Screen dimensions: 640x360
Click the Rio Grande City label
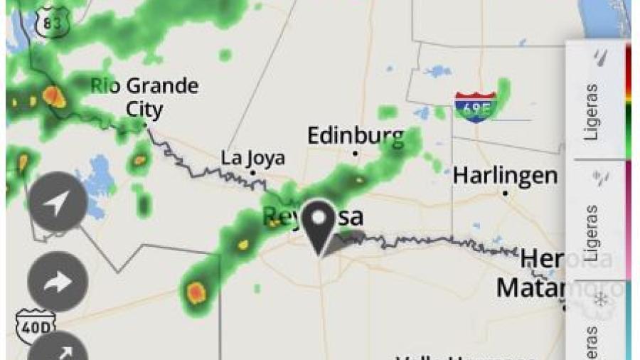point(144,97)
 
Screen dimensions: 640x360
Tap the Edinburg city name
point(355,136)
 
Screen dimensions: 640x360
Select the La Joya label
point(252,157)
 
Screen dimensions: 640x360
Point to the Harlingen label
point(505,175)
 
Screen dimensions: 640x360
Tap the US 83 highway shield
point(52,22)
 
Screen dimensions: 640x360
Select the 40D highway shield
point(34,327)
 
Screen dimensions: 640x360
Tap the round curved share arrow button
point(58,282)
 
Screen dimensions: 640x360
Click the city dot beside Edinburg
point(355,153)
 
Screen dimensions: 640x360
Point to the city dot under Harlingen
point(505,192)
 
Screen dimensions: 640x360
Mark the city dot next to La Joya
point(252,172)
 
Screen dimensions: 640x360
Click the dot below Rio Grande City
point(145,125)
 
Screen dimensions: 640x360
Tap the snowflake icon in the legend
point(602,300)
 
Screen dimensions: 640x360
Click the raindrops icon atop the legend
point(602,57)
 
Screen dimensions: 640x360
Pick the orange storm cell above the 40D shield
point(196,291)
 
